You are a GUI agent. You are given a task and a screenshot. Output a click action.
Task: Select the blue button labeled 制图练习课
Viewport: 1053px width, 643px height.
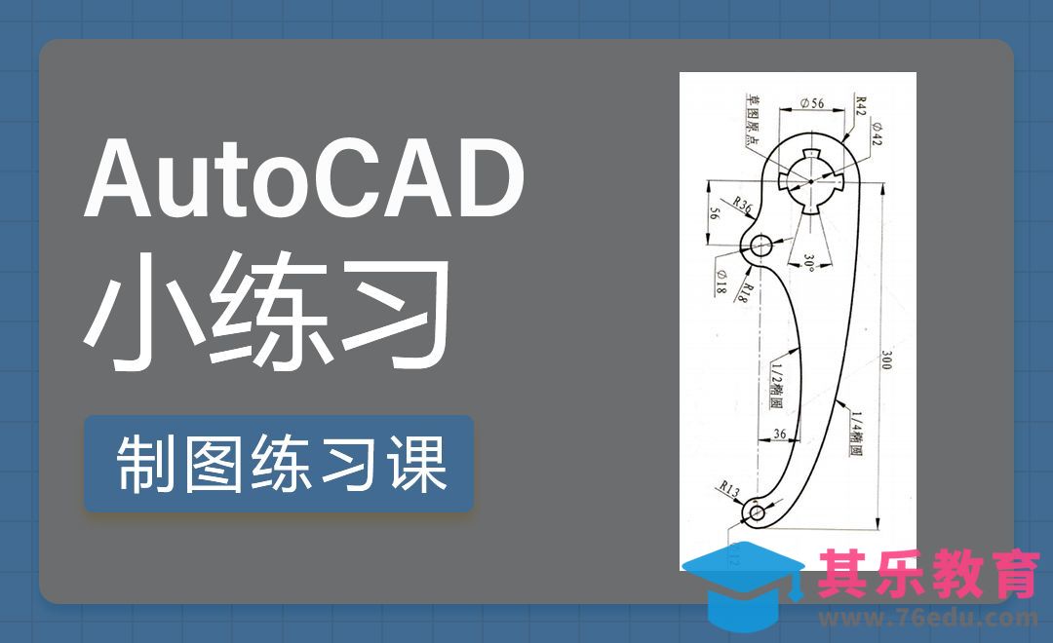click(x=279, y=464)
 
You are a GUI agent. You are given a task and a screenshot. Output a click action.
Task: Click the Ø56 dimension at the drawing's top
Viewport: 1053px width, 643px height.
click(x=811, y=101)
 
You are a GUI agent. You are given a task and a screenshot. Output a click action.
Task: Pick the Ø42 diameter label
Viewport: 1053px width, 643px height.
click(x=877, y=135)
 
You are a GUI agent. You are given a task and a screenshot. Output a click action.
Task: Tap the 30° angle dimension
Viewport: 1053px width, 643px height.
click(x=809, y=261)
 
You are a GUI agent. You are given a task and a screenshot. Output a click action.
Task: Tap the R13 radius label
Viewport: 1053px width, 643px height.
click(x=729, y=490)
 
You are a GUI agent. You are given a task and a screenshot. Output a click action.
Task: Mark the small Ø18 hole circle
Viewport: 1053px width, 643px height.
click(x=760, y=245)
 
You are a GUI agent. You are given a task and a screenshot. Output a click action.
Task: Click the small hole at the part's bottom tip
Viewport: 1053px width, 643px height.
click(x=755, y=511)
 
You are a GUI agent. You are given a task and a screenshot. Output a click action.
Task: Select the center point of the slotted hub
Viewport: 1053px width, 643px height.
click(x=809, y=178)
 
